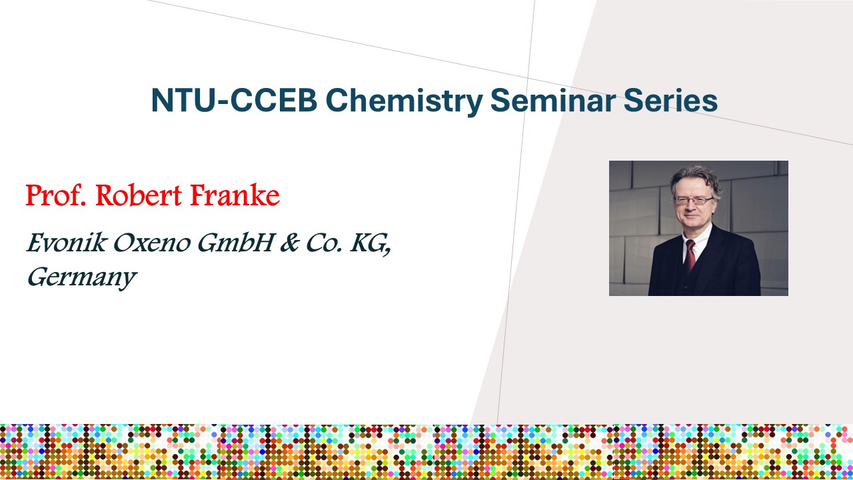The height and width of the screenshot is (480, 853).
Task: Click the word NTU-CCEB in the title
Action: point(235,100)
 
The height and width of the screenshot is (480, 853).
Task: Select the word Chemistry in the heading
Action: point(405,101)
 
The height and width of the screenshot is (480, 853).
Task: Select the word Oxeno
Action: point(152,243)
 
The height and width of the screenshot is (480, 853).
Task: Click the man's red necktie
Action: point(690,257)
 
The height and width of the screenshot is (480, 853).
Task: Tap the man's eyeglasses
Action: point(694,201)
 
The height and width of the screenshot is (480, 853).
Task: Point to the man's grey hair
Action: point(695,180)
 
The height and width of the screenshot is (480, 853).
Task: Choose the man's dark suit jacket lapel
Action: point(713,256)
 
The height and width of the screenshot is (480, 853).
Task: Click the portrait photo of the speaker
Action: point(699,228)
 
